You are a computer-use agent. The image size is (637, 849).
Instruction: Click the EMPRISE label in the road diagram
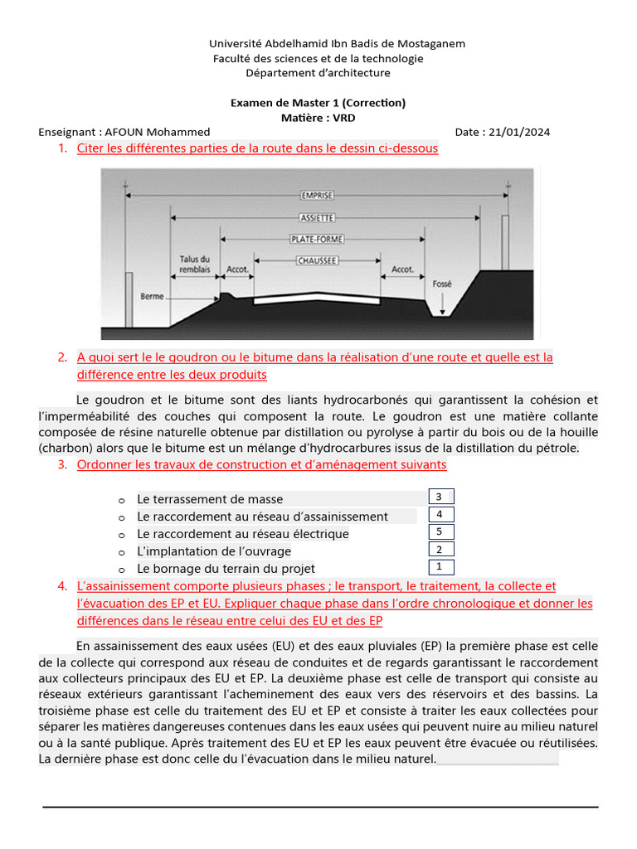point(318,196)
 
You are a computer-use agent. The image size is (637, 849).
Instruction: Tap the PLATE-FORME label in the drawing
point(318,240)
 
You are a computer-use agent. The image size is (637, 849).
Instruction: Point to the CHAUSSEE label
point(318,260)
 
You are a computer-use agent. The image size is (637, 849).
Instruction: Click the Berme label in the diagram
point(152,296)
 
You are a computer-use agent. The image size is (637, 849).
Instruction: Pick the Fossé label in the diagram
point(442,284)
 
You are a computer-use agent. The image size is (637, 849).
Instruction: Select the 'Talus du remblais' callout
point(195,264)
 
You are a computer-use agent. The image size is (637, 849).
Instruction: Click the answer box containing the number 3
point(440,497)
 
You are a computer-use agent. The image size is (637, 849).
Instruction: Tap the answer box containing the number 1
point(440,567)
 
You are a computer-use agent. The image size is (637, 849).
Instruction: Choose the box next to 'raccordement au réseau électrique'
point(440,531)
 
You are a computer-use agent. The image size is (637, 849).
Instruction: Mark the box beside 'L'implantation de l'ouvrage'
point(440,549)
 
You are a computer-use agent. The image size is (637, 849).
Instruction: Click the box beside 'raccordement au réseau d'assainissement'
point(440,514)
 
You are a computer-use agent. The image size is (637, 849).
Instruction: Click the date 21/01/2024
point(519,132)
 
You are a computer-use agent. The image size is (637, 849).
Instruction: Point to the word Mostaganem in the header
point(428,43)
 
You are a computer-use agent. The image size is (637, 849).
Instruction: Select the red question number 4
point(62,586)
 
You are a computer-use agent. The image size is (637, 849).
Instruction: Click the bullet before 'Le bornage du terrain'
point(121,570)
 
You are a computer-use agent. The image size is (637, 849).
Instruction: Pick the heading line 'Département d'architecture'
point(318,73)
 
